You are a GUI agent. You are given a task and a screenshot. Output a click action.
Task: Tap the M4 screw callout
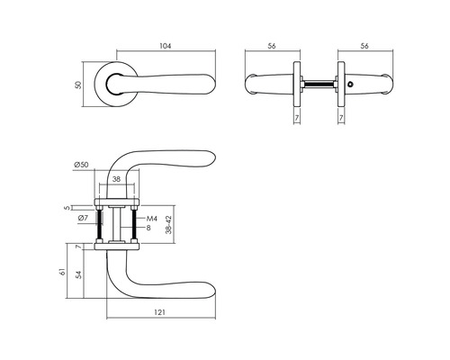coord(152,219)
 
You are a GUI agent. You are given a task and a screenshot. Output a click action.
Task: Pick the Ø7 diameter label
coord(82,219)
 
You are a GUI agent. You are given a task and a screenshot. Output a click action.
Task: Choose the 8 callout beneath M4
coord(151,229)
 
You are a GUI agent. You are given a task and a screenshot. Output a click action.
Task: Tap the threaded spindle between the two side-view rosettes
coord(317,86)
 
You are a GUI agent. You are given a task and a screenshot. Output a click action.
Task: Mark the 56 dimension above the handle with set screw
coord(365,45)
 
